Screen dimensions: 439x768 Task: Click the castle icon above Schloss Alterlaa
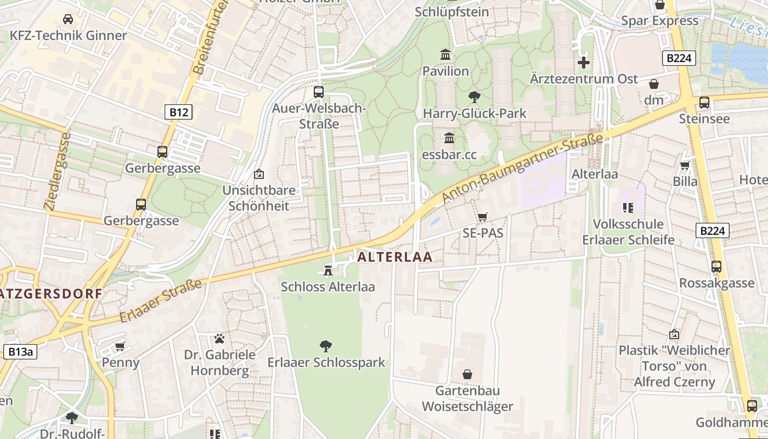(x=328, y=270)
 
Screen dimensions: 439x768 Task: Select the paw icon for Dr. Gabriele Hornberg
(x=219, y=338)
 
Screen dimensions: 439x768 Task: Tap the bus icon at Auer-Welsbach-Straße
(x=319, y=92)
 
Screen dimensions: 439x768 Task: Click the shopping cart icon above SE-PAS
(x=482, y=217)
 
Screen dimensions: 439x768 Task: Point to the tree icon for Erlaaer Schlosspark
(x=326, y=346)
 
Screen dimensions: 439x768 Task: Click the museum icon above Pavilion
(x=445, y=55)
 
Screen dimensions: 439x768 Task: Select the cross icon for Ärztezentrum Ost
(x=584, y=62)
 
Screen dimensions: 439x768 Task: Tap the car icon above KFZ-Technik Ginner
(x=68, y=19)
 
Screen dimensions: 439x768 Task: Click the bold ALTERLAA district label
(x=395, y=257)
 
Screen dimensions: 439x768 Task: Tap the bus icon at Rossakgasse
(x=716, y=267)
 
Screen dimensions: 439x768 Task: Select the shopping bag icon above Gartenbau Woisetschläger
(x=467, y=374)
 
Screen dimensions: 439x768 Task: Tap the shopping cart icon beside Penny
(x=120, y=346)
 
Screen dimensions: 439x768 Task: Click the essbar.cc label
(x=449, y=154)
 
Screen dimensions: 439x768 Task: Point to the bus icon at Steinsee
(x=704, y=102)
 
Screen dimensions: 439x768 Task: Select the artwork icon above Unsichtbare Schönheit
(x=258, y=174)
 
